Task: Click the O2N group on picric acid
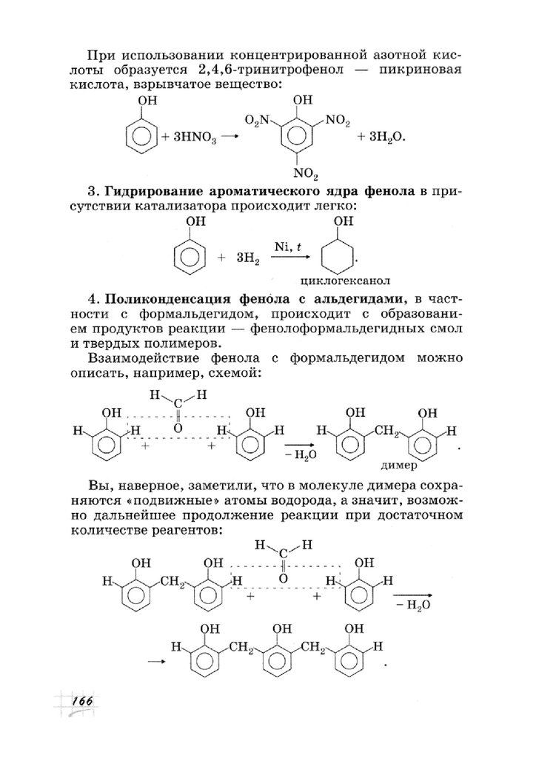pos(259,121)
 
